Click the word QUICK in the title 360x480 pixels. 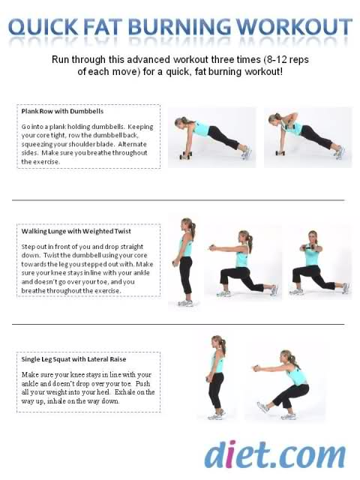[43, 27]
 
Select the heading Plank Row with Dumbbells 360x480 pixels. [62, 111]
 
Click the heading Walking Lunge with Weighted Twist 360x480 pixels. [76, 231]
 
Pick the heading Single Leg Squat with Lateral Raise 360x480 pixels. [73, 359]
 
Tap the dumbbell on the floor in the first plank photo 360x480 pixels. [185, 155]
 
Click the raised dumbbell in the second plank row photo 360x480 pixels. [289, 125]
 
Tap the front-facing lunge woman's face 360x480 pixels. [313, 238]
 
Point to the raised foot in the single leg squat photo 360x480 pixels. [262, 407]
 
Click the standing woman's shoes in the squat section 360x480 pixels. [216, 415]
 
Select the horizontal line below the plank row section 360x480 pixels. [178, 200]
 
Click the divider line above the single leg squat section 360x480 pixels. [178, 324]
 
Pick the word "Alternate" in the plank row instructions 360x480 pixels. [132, 144]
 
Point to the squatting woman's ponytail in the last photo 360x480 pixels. [295, 361]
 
